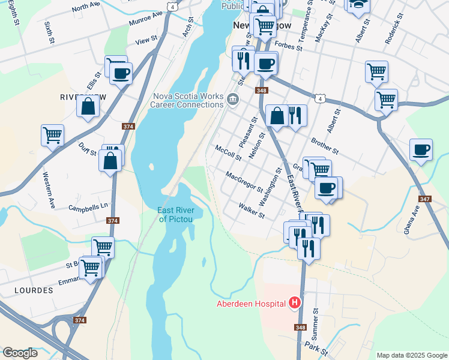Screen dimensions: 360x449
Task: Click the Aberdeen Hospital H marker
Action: click(295, 303)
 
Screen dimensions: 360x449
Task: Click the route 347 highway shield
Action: click(426, 199)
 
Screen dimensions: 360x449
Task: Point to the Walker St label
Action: click(252, 211)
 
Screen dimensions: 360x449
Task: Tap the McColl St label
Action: click(228, 153)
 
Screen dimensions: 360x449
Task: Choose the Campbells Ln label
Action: click(88, 206)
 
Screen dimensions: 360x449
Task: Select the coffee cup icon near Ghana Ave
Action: click(421, 151)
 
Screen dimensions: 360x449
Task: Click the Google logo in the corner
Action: click(20, 353)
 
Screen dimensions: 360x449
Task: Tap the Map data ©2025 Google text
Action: click(412, 355)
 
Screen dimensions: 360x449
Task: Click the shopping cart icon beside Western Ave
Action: click(52, 135)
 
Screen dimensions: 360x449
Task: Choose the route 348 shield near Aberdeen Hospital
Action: click(300, 328)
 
